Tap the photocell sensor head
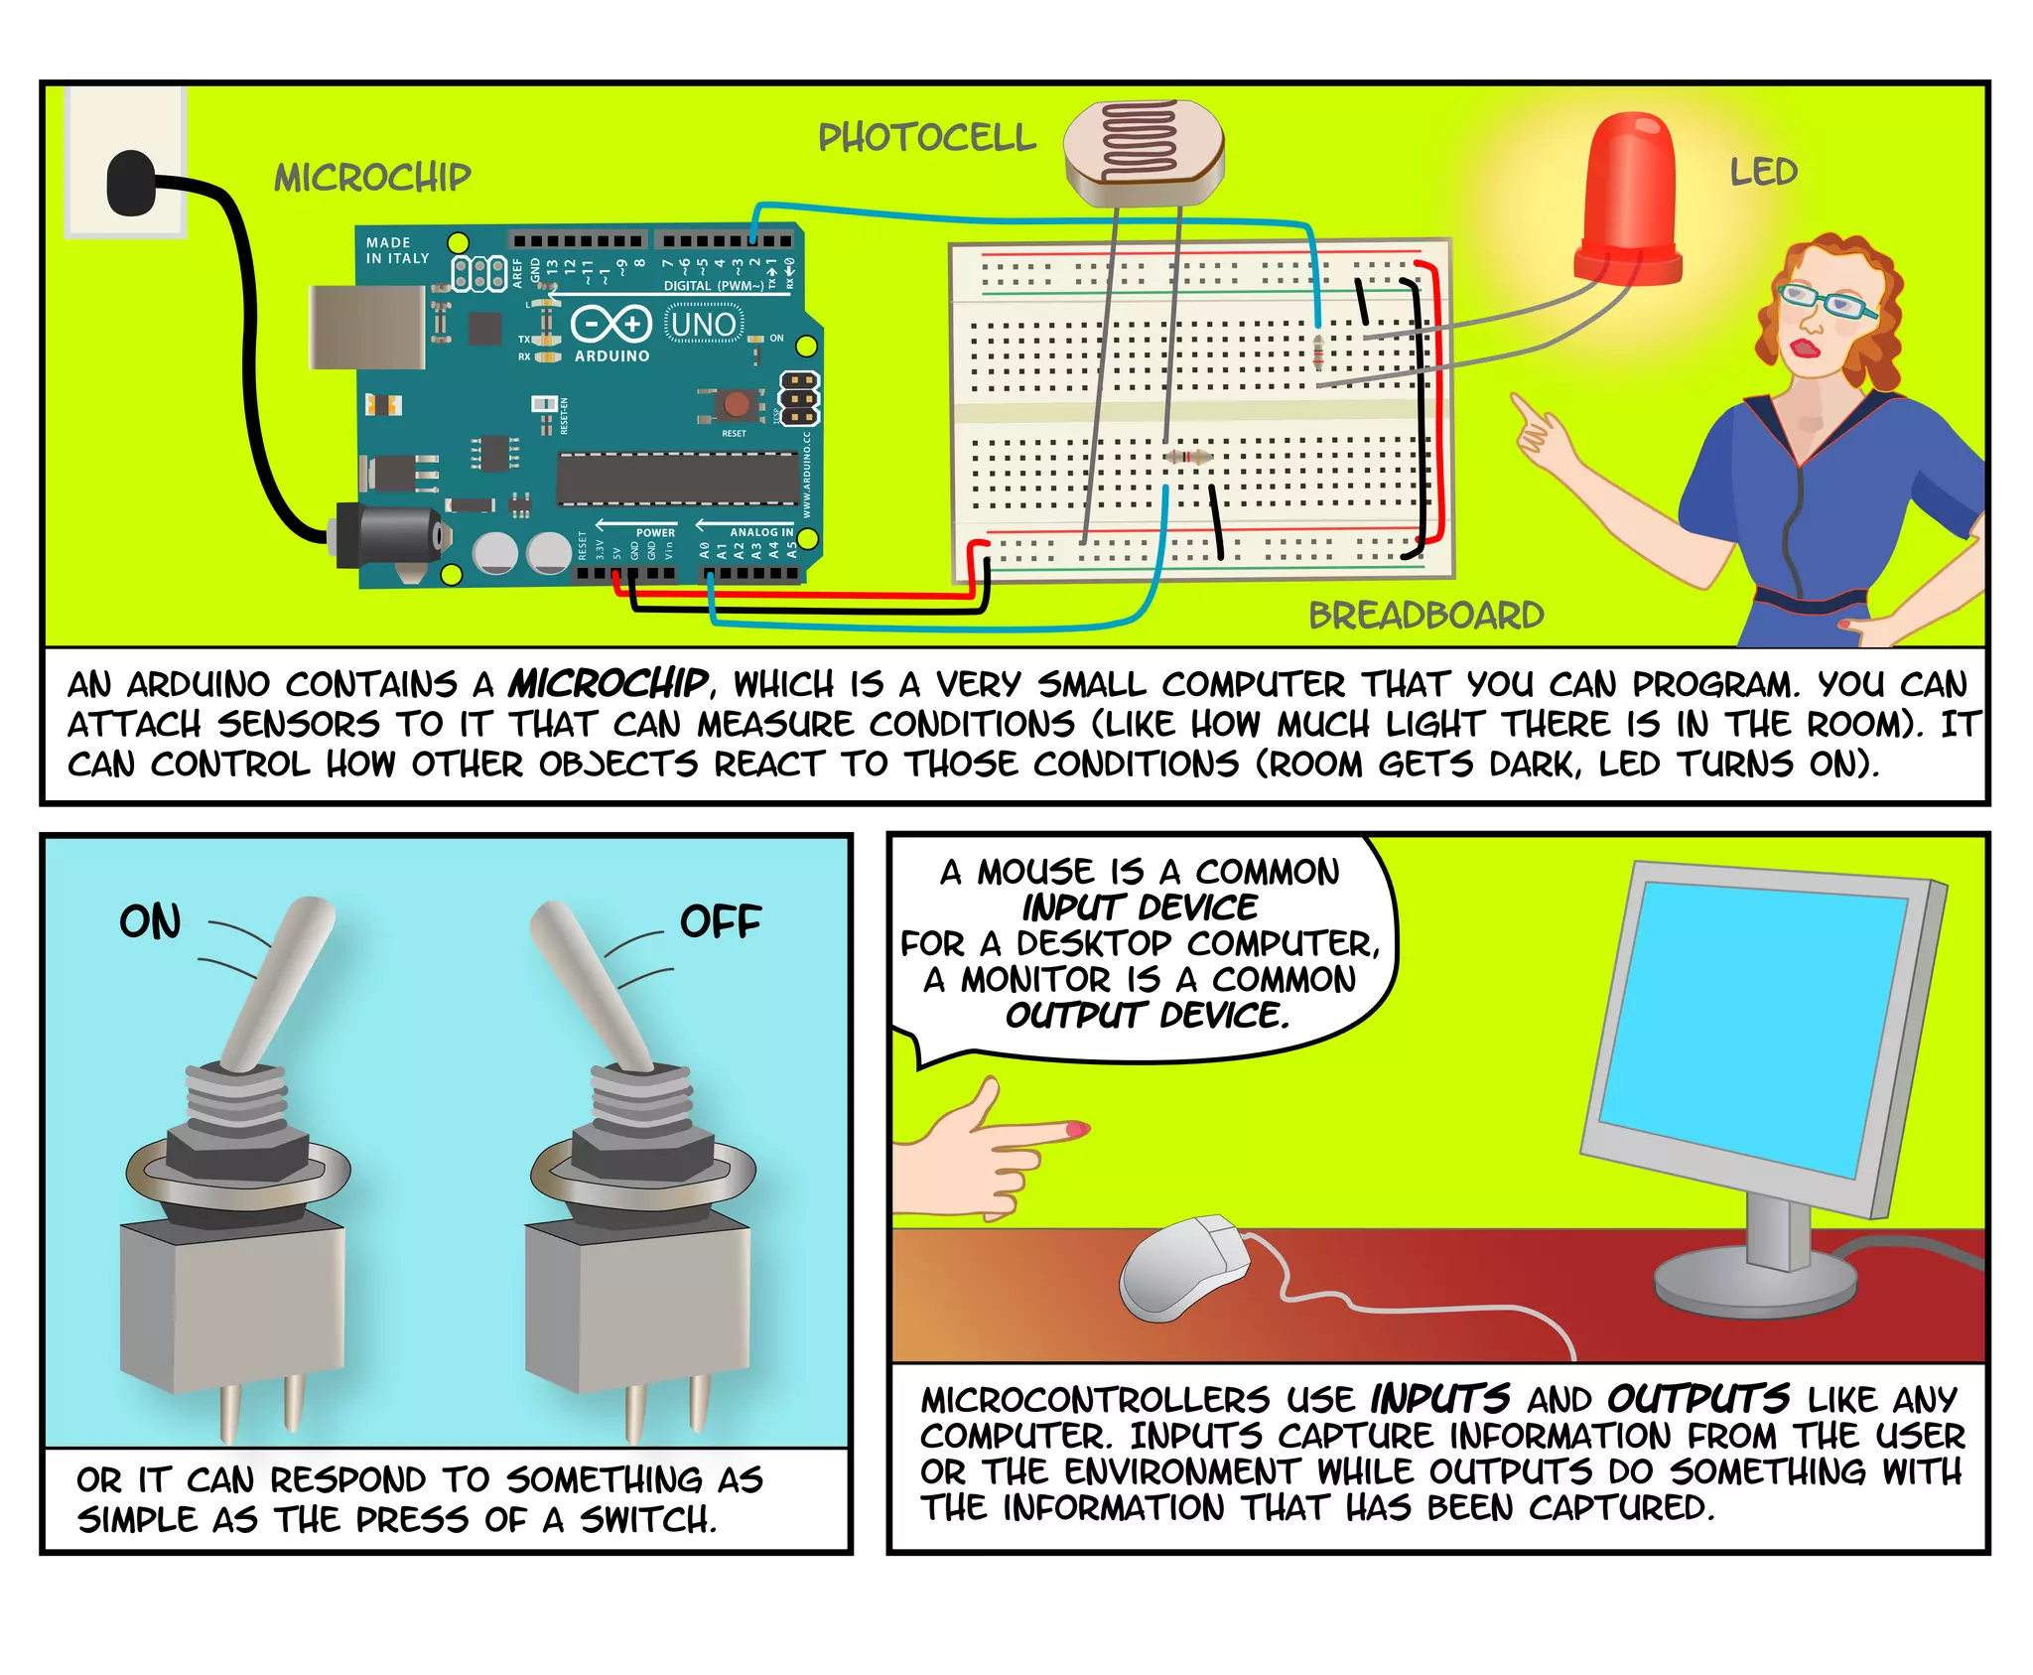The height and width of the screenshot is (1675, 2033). [1143, 152]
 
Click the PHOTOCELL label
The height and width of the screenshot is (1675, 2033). [926, 138]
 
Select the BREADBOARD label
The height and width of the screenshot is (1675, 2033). [1425, 616]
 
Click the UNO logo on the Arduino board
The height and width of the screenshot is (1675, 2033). [703, 325]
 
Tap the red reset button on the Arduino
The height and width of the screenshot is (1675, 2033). [736, 403]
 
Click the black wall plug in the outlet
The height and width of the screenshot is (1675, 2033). [130, 183]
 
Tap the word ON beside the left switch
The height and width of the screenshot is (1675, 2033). [151, 921]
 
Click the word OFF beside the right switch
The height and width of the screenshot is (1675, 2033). [720, 921]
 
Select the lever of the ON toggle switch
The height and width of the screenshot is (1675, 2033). [279, 978]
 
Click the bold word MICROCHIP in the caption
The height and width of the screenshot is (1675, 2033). [608, 683]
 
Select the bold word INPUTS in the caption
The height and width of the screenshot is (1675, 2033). [1439, 1398]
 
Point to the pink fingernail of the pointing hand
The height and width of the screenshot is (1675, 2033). [1077, 1129]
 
